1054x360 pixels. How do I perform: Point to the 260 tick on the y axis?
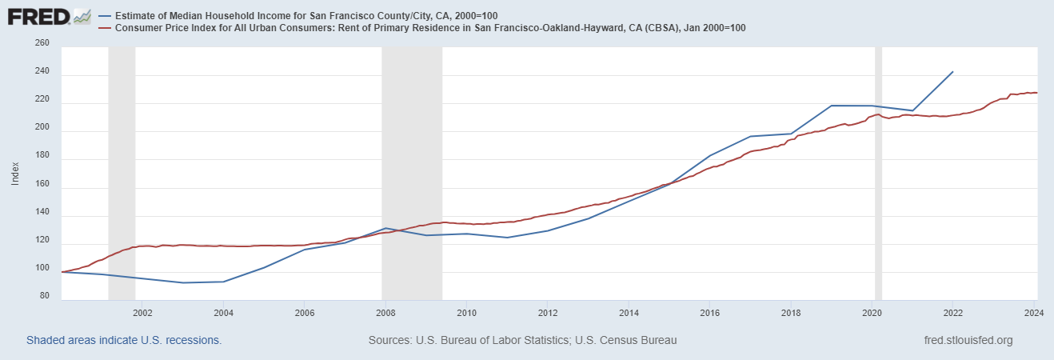pyautogui.click(x=42, y=43)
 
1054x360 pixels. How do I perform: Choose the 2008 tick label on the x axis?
pyautogui.click(x=385, y=312)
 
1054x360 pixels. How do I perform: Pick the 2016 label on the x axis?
pyautogui.click(x=709, y=312)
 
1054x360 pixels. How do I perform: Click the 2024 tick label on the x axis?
pyautogui.click(x=1032, y=312)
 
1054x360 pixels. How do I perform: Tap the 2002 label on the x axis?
pyautogui.click(x=142, y=312)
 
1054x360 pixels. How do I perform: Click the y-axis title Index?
pyautogui.click(x=15, y=173)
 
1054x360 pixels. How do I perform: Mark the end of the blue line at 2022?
pyautogui.click(x=952, y=72)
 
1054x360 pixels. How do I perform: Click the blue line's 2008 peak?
pyautogui.click(x=385, y=228)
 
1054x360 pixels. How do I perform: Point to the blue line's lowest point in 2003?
pyautogui.click(x=183, y=282)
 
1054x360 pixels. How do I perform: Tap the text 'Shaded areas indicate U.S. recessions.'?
pyautogui.click(x=124, y=340)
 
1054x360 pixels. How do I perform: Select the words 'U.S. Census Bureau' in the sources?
pyautogui.click(x=629, y=340)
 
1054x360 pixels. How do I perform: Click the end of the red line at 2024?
pyautogui.click(x=1036, y=93)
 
